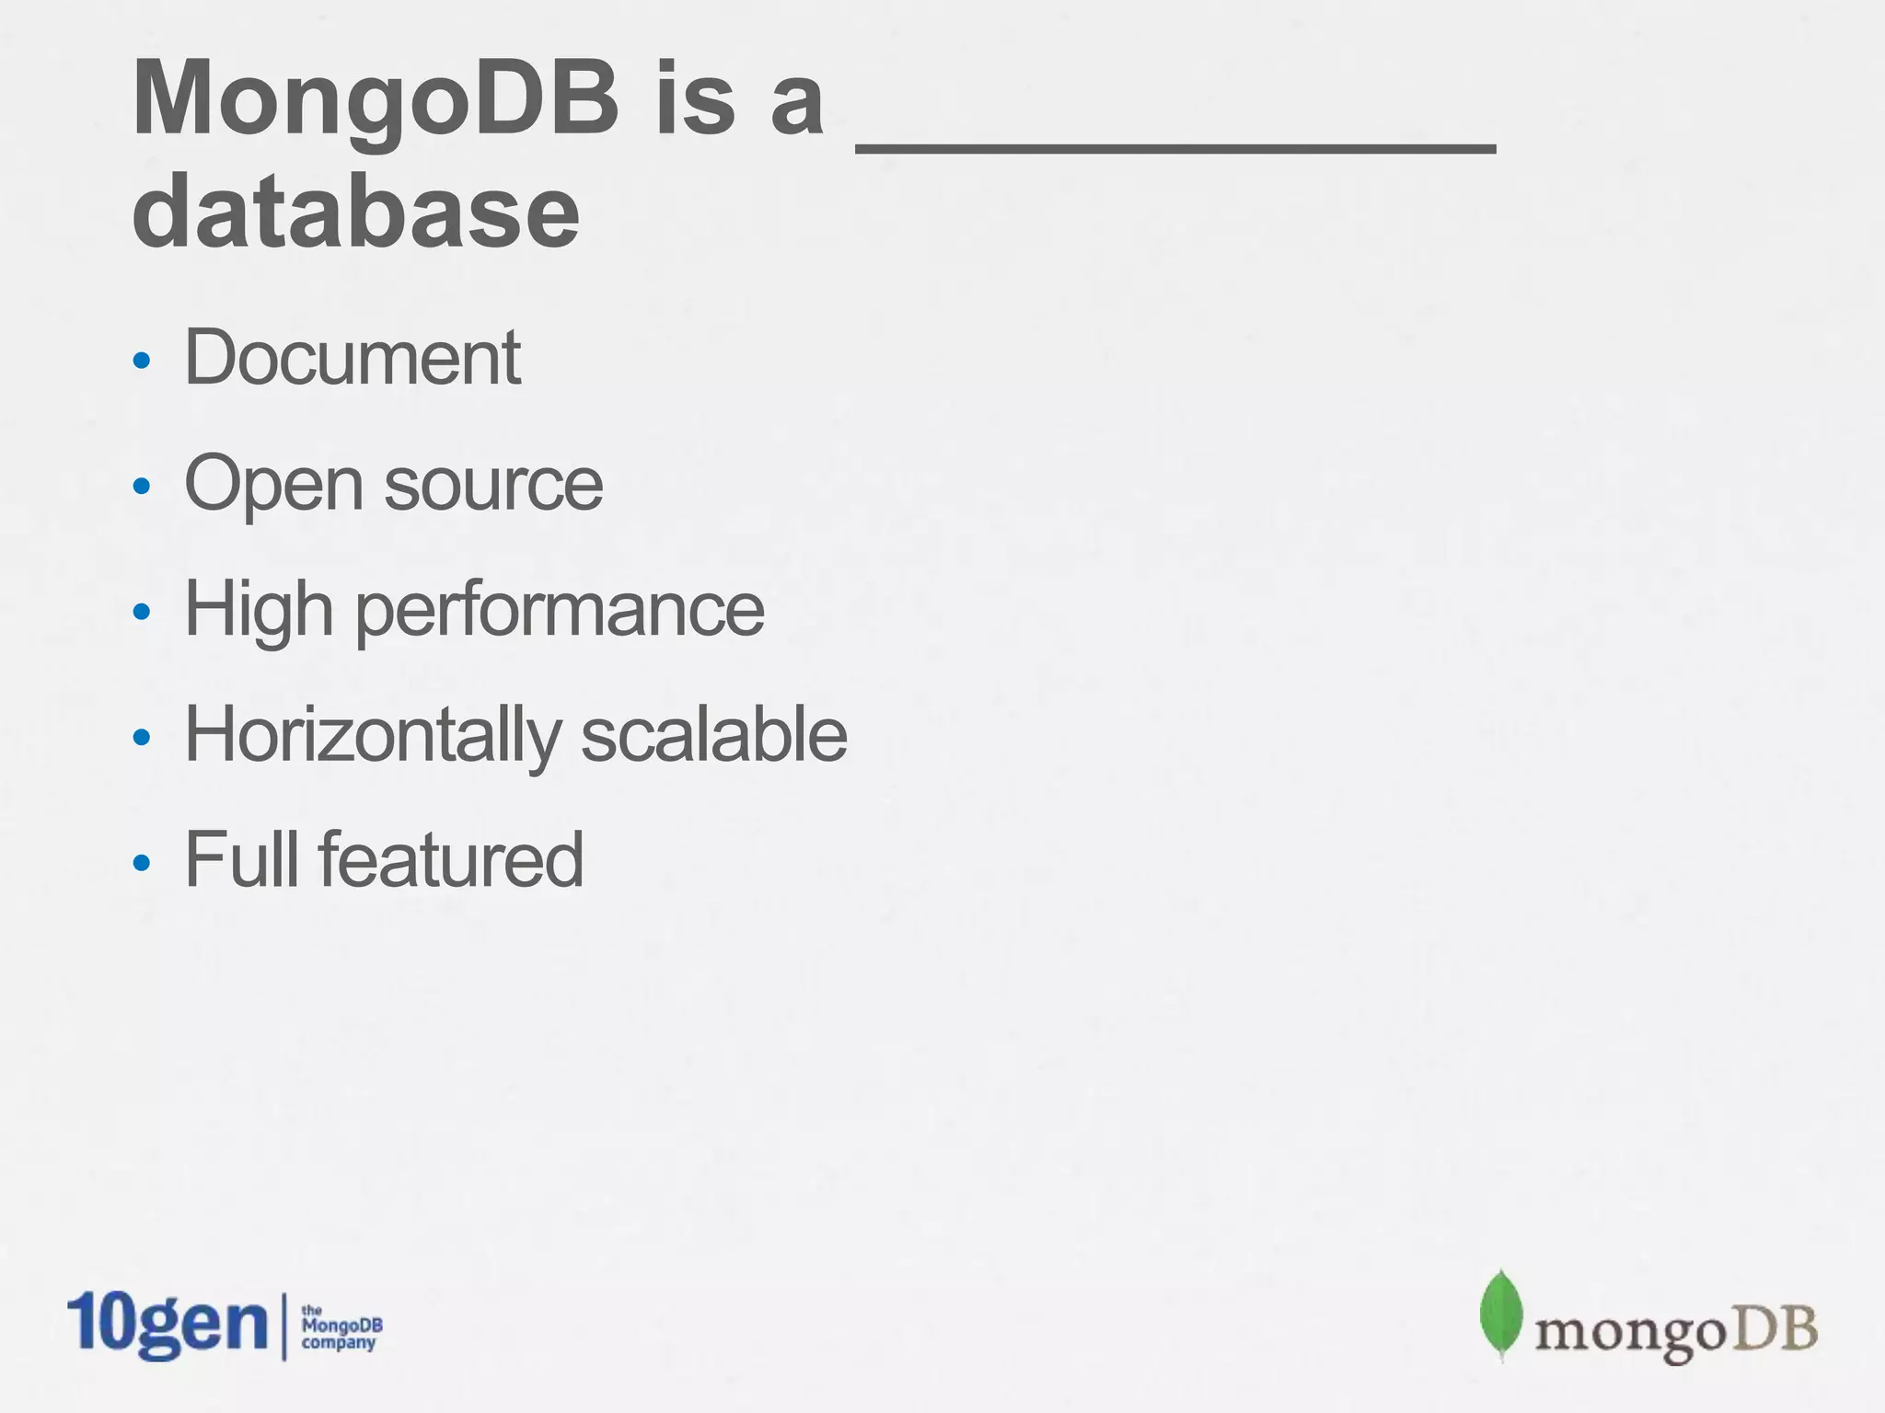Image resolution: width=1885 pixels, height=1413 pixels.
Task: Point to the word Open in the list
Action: pos(273,485)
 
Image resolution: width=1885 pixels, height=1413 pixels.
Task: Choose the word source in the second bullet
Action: pos(493,485)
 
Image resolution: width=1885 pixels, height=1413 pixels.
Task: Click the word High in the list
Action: pos(259,610)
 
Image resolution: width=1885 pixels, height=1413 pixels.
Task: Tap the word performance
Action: pos(560,610)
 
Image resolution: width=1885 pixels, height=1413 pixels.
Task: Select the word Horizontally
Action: pos(372,736)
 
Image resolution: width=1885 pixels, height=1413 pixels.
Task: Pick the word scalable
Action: pos(714,736)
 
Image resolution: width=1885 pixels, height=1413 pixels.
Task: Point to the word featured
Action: pos(451,859)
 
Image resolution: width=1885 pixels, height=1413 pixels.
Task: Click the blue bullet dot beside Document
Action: pos(141,360)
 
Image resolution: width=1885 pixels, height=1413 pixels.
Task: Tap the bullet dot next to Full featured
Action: pos(141,863)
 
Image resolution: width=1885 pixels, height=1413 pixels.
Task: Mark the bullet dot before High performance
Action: pos(141,612)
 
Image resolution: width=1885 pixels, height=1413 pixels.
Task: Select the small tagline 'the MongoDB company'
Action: pos(341,1327)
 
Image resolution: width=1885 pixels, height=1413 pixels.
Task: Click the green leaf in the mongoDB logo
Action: pos(1500,1314)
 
